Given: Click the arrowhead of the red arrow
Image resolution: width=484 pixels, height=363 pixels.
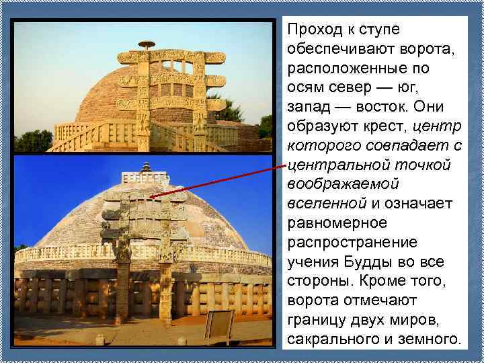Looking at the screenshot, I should (152, 196).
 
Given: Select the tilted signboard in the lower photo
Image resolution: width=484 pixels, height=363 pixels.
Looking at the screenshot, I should (219, 325).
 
